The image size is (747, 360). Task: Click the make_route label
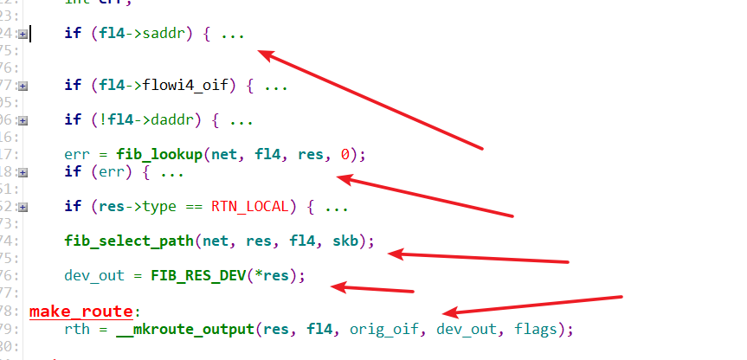(x=81, y=311)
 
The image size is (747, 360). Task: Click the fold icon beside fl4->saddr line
(x=23, y=35)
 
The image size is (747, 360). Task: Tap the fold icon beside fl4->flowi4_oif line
(x=23, y=86)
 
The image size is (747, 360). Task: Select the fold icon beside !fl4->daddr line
(x=23, y=120)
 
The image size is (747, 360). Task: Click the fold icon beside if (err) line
(x=23, y=172)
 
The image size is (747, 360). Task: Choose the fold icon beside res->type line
(x=23, y=207)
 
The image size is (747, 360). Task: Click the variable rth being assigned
(x=76, y=329)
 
